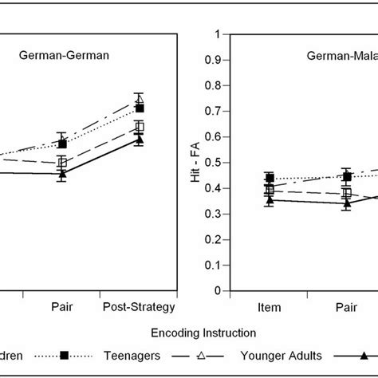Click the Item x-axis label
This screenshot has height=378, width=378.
270,305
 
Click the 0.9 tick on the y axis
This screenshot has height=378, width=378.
212,60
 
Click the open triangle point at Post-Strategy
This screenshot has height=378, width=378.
140,100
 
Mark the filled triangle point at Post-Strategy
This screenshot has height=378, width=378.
140,140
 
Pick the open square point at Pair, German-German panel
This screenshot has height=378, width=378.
61,163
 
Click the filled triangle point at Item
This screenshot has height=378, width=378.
270,200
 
